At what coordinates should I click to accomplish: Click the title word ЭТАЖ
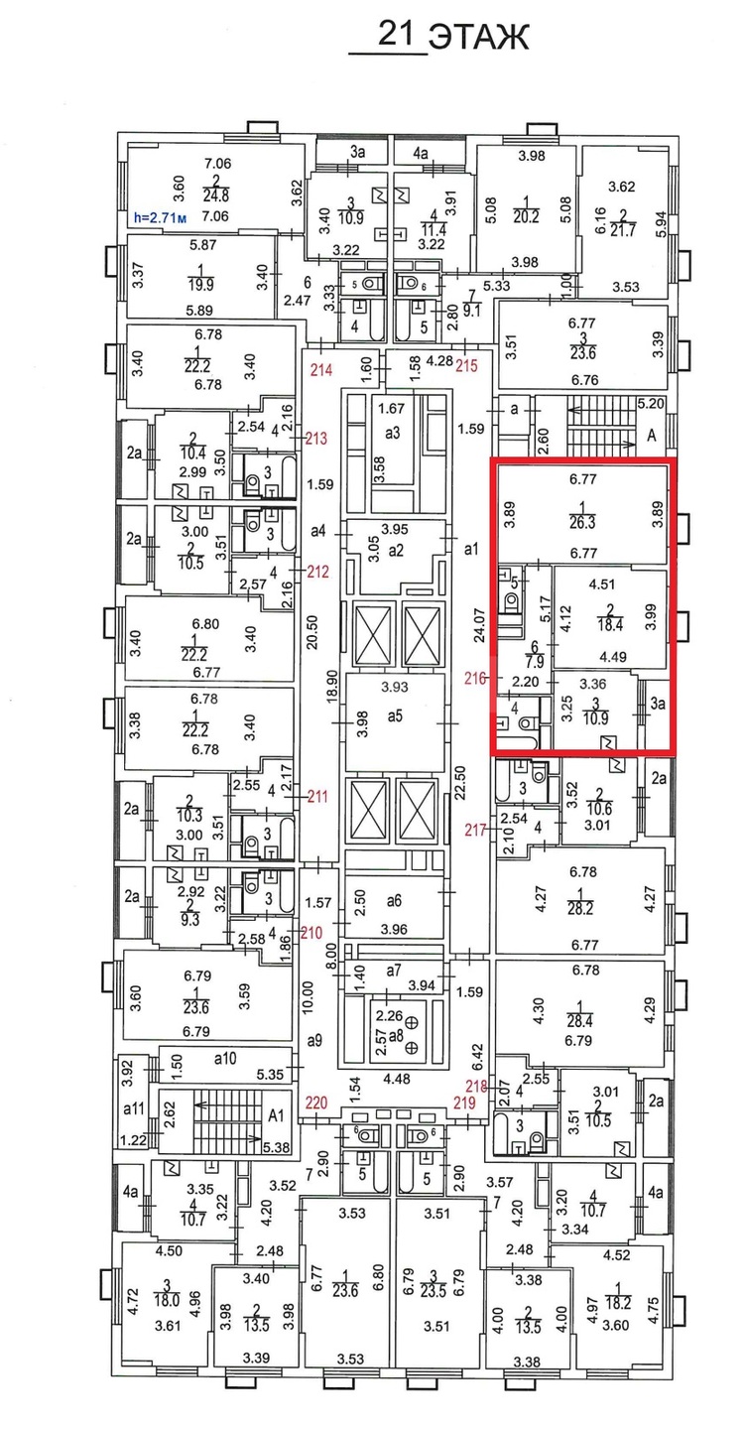pyautogui.click(x=478, y=37)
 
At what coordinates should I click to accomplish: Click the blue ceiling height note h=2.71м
pyautogui.click(x=160, y=217)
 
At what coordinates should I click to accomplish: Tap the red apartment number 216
pyautogui.click(x=476, y=678)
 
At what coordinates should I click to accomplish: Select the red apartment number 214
pyautogui.click(x=320, y=369)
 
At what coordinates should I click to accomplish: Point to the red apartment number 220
pyautogui.click(x=316, y=1104)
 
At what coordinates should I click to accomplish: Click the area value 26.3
pyautogui.click(x=581, y=522)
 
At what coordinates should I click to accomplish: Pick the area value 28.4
pyautogui.click(x=579, y=1021)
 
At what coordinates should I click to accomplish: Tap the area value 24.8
pyautogui.click(x=215, y=196)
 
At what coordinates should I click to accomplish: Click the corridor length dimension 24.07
pyautogui.click(x=480, y=626)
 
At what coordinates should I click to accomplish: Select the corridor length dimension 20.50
pyautogui.click(x=311, y=632)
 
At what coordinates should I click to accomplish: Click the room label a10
pyautogui.click(x=224, y=1059)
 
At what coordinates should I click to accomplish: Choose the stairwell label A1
pyautogui.click(x=276, y=1115)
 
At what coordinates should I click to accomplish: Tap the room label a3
pyautogui.click(x=392, y=433)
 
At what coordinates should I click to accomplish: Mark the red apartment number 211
pyautogui.click(x=317, y=796)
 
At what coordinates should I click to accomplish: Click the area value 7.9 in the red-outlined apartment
pyautogui.click(x=535, y=662)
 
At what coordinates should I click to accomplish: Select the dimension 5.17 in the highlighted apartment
pyautogui.click(x=544, y=608)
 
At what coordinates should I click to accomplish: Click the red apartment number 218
pyautogui.click(x=476, y=1086)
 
